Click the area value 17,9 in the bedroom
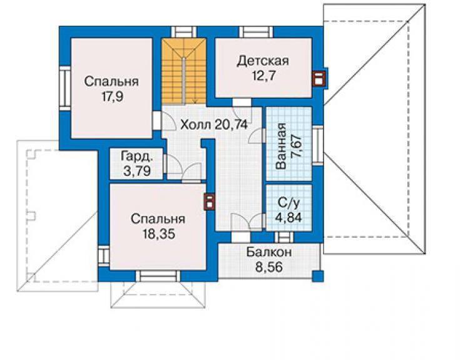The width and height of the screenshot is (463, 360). tap(112, 96)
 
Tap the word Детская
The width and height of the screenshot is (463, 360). tap(263, 61)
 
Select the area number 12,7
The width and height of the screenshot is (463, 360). tap(263, 76)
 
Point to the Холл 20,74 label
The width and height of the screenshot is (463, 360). tap(214, 125)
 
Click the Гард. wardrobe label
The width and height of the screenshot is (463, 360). tap(137, 157)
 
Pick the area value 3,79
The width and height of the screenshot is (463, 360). tap(137, 171)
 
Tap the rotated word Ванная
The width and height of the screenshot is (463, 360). tap(281, 146)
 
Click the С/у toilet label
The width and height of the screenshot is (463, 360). tap(289, 203)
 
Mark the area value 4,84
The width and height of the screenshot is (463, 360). tap(288, 217)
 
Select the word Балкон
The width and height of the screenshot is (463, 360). tap(269, 252)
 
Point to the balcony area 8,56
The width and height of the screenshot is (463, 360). tap(269, 267)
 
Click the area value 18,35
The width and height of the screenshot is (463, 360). tap(159, 234)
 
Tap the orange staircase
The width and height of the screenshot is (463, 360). tap(184, 71)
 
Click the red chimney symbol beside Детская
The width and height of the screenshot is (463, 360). tap(319, 80)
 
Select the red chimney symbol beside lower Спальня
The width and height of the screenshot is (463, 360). tap(209, 202)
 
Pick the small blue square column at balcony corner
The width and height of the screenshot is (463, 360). tap(318, 277)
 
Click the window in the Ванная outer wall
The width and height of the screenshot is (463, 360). tap(318, 145)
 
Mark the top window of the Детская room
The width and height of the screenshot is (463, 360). tap(256, 32)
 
